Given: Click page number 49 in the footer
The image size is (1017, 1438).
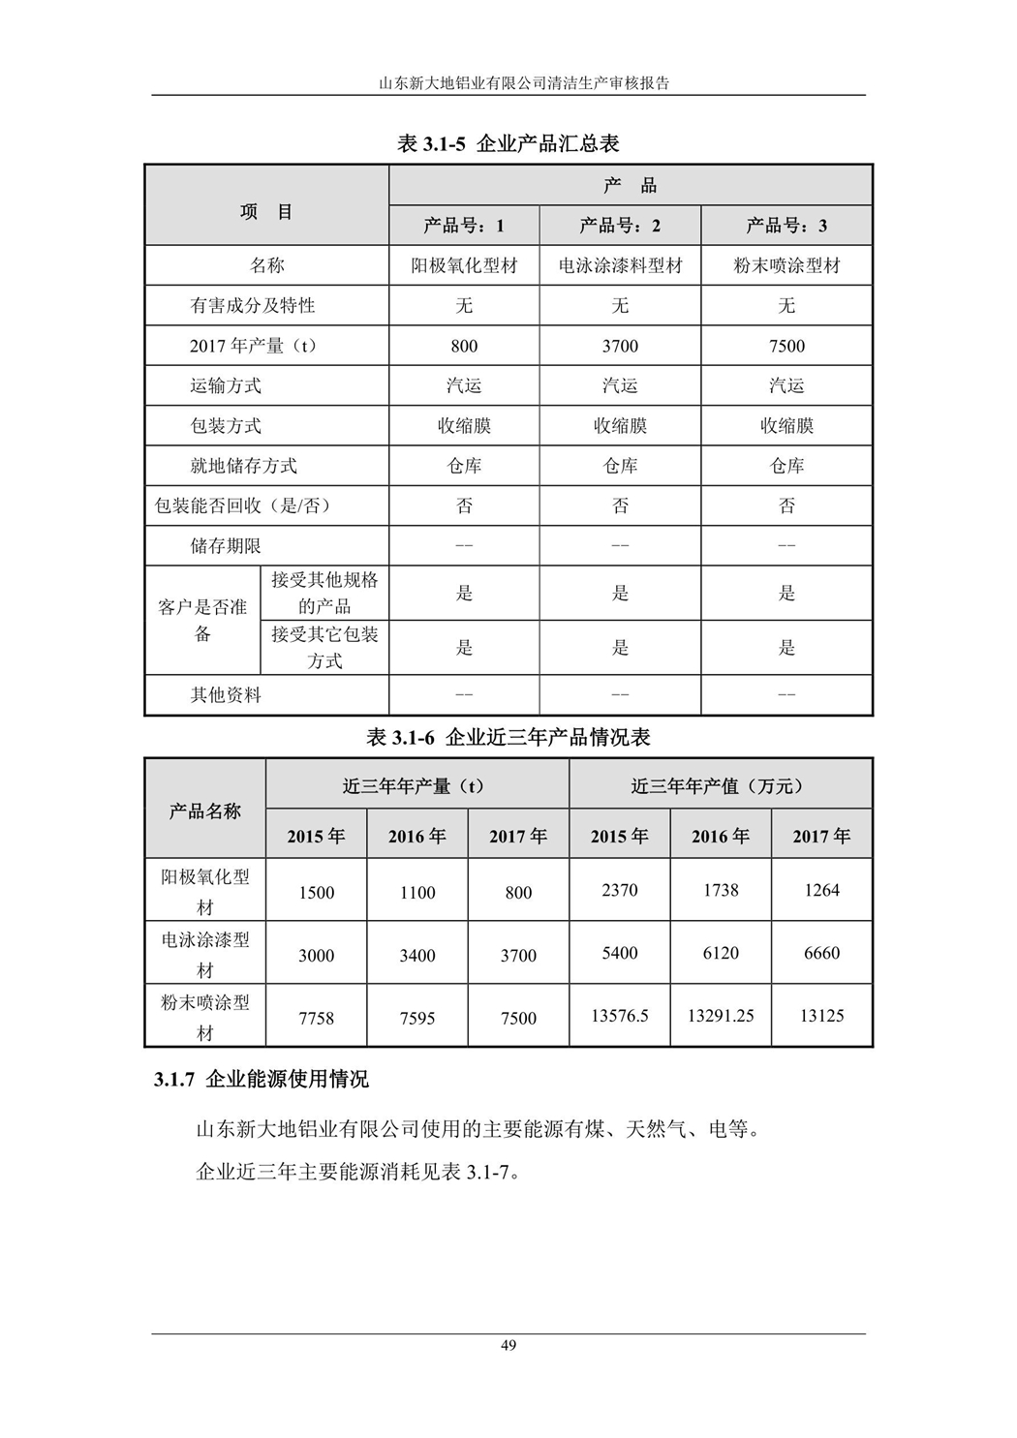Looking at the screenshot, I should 508,1345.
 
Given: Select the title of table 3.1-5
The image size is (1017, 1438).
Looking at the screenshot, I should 508,144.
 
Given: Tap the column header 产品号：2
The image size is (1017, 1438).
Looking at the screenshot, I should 620,226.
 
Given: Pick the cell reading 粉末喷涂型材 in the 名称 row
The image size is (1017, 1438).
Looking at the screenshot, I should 786,265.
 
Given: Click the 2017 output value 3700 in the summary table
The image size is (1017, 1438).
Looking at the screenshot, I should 620,346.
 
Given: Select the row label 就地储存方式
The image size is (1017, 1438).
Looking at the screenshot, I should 243,466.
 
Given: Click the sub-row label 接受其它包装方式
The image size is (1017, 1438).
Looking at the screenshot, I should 324,648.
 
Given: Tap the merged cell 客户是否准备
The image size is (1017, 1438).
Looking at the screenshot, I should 202,621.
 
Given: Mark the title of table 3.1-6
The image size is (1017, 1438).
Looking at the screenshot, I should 508,737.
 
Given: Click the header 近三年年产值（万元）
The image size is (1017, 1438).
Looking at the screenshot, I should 720,786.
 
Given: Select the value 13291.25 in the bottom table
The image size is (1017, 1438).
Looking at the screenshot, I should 721,1016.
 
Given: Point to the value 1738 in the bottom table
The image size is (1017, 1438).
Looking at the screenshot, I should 721,890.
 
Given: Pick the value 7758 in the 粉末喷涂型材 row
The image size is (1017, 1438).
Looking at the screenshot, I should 316,1018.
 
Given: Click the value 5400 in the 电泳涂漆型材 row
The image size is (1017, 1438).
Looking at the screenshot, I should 620,953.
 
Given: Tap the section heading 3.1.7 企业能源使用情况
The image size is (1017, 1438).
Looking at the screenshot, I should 262,1079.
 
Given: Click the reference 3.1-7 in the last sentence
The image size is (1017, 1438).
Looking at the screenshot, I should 487,1173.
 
